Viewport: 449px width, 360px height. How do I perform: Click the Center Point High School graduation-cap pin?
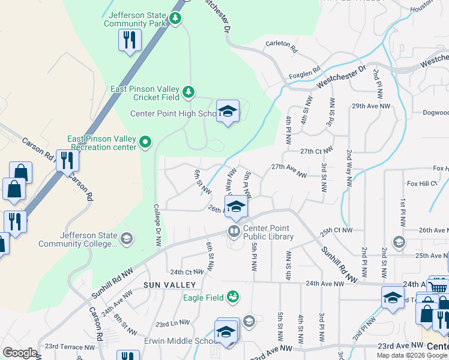(228, 111)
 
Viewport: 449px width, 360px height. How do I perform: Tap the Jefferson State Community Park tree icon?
(175, 19)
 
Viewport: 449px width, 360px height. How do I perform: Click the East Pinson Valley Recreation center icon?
(145, 142)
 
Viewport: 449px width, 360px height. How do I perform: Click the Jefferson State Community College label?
(78, 239)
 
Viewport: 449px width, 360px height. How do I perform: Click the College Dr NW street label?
(157, 226)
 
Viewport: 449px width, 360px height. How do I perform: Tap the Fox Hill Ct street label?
(422, 183)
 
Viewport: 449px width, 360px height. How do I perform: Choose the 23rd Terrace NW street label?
(70, 346)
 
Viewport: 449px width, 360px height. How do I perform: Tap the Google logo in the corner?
(20, 352)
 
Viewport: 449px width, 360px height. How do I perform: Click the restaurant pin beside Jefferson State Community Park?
(130, 40)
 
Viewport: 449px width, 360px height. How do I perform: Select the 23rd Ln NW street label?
(172, 324)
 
